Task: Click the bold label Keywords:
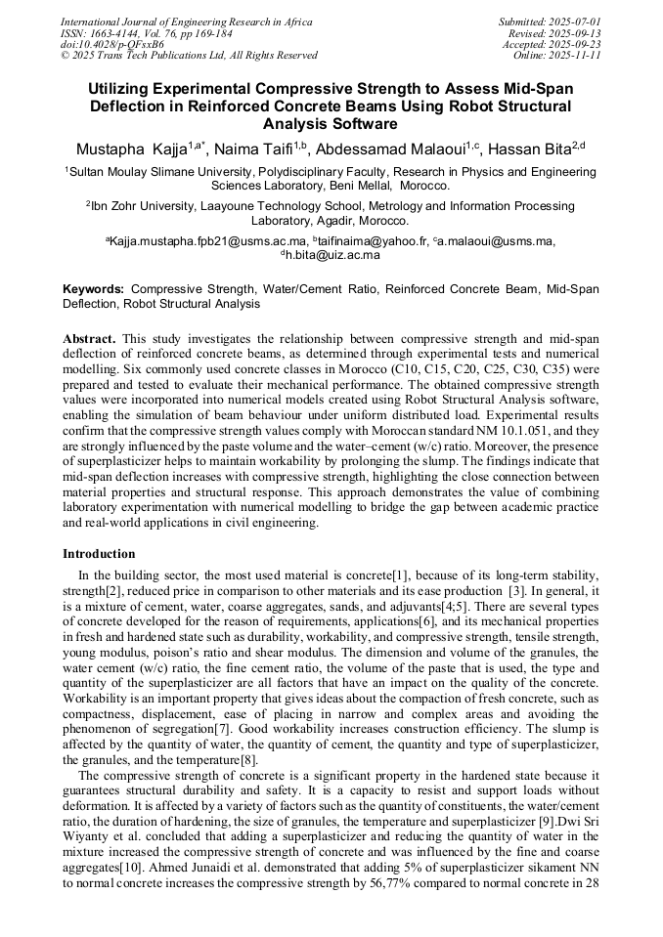94,289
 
